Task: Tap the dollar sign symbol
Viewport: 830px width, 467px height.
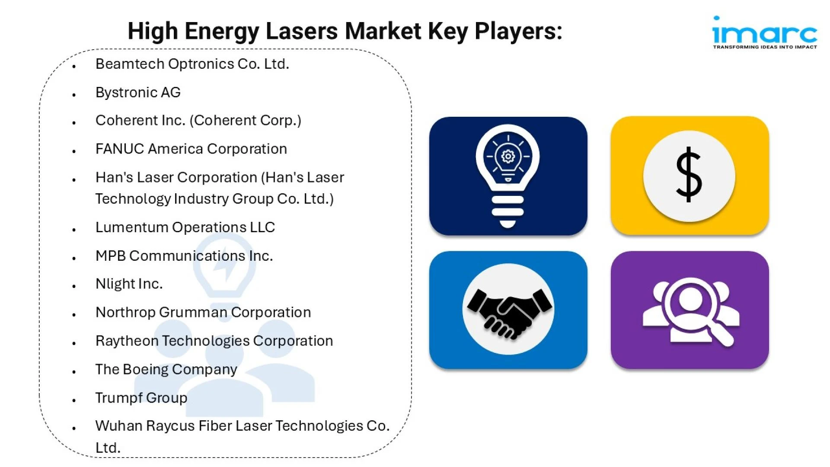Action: tap(689, 174)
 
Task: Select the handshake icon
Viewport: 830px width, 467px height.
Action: tap(509, 312)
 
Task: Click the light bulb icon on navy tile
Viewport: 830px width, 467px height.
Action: tap(508, 176)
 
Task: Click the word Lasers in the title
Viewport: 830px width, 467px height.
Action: tap(301, 32)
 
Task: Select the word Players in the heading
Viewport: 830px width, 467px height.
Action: tap(518, 32)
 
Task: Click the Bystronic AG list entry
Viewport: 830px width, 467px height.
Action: tap(138, 93)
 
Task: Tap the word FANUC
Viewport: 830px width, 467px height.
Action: tap(120, 149)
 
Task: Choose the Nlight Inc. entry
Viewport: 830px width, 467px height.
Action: tap(129, 284)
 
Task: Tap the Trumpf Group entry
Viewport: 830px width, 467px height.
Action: tap(141, 398)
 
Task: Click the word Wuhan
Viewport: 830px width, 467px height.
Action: tap(119, 425)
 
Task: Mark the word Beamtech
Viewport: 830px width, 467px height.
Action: tap(130, 64)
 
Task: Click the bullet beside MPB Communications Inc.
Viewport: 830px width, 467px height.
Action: tap(74, 258)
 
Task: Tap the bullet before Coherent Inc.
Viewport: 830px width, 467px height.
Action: tap(74, 123)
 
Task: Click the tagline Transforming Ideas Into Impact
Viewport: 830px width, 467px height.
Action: tap(765, 47)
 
